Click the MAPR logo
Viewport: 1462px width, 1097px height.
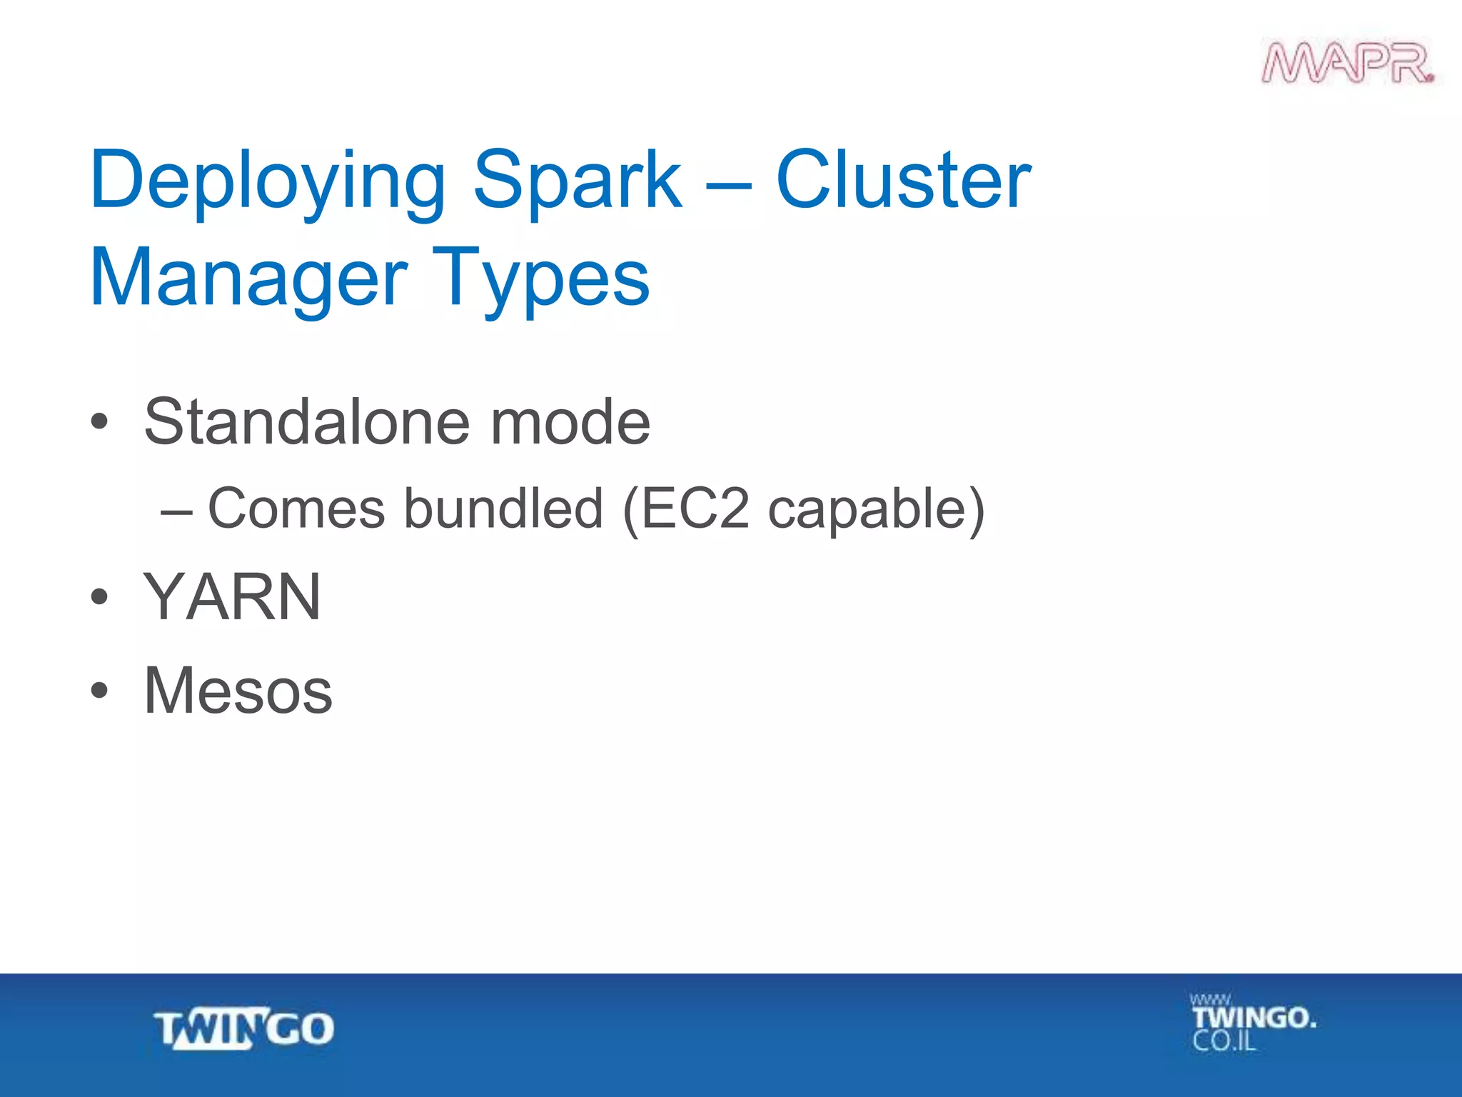pos(1348,64)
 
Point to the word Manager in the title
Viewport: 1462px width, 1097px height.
pos(248,278)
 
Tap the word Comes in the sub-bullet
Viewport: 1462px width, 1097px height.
pos(296,509)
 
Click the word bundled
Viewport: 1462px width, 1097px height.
pos(504,509)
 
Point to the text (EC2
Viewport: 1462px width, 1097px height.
pos(686,509)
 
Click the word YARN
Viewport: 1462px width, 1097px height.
pos(232,597)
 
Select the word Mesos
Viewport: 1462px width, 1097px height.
pos(238,691)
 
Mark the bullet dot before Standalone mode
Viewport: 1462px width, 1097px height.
pos(100,423)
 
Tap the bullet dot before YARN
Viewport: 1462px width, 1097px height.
pos(100,597)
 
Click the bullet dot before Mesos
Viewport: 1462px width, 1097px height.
pos(100,691)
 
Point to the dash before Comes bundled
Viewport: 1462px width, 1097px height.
pos(176,511)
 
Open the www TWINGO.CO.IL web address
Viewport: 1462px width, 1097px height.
pos(1252,1023)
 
